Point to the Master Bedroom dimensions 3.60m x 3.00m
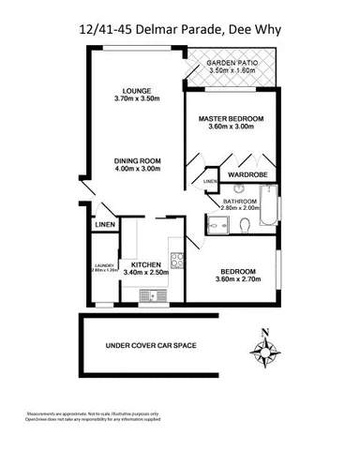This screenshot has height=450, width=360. coord(231,128)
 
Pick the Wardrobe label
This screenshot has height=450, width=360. coord(242,172)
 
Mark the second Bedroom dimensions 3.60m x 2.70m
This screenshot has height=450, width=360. coord(234,279)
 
